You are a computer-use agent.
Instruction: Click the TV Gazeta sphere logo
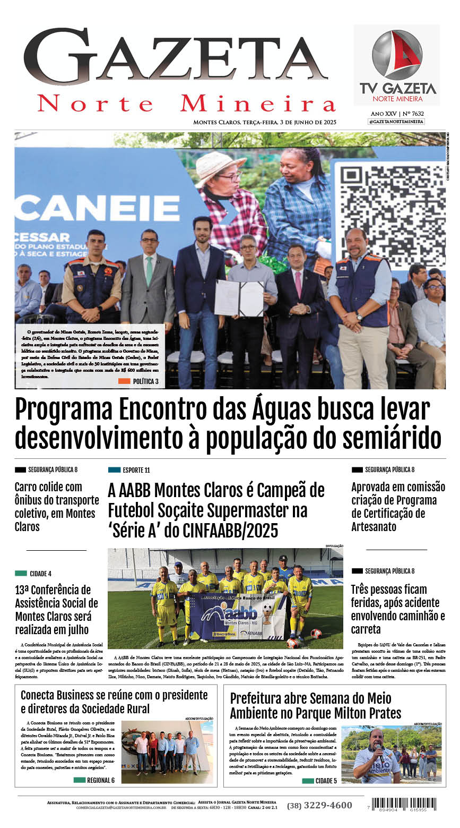click(x=396, y=55)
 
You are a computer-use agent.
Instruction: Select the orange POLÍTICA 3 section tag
click(x=138, y=381)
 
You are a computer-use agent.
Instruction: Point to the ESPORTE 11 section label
click(x=129, y=470)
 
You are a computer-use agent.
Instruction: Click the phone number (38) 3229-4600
click(x=319, y=805)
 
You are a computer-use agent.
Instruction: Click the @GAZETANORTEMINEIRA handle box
click(x=396, y=122)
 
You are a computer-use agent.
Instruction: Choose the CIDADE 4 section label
click(x=34, y=574)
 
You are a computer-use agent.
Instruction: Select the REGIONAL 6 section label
click(x=94, y=780)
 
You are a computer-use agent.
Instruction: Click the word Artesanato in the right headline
click(x=374, y=527)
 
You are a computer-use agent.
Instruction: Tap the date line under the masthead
click(x=265, y=122)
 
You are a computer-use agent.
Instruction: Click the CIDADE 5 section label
click(x=320, y=781)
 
